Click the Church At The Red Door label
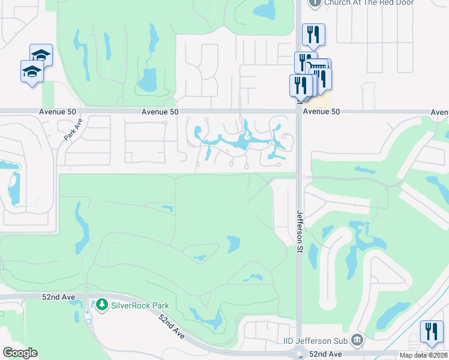pos(361,2)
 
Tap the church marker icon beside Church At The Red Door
pos(315,2)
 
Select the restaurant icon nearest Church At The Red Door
pos(313,34)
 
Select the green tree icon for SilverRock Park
pos(101,305)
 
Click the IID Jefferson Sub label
pos(315,341)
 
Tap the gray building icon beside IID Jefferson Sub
pos(357,341)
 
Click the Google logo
pos(19,353)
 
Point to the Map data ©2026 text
pos(424,355)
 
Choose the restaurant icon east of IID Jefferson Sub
pos(432,332)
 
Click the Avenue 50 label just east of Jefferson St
pos(321,112)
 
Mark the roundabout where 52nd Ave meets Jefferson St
pos(298,355)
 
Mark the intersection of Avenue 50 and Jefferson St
pos(298,111)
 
